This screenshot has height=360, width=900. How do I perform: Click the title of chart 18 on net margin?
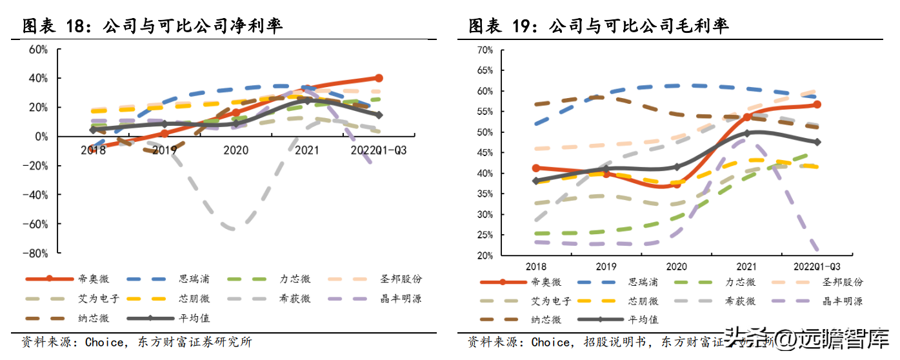(x=152, y=26)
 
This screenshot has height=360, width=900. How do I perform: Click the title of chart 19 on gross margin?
(x=598, y=26)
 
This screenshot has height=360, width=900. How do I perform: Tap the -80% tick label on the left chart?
(x=35, y=253)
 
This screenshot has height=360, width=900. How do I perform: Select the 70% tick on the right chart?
(x=485, y=50)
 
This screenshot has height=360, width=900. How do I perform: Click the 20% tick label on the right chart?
(x=485, y=255)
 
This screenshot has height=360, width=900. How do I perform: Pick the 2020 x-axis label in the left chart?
(x=236, y=150)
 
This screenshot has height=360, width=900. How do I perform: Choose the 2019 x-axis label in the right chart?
(x=606, y=266)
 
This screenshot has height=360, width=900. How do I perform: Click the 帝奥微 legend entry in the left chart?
(x=96, y=279)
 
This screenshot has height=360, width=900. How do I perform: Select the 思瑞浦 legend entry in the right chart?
(x=644, y=282)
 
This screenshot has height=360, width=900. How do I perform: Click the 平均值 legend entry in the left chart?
(x=194, y=318)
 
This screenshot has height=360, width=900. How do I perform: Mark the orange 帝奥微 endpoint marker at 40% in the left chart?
(x=379, y=78)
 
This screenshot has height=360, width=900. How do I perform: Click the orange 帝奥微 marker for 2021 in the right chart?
(x=747, y=117)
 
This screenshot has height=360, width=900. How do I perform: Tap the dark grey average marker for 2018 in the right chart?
(x=535, y=181)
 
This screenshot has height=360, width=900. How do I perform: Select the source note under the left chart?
(x=136, y=342)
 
